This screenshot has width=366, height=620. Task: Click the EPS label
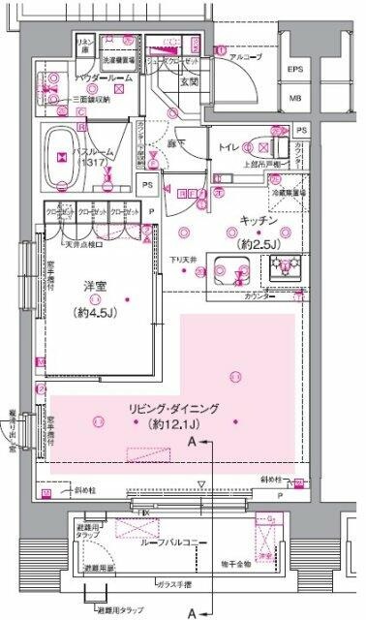click(294, 70)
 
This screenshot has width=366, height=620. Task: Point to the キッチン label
click(251, 221)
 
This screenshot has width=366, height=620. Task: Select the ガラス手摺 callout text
click(176, 586)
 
